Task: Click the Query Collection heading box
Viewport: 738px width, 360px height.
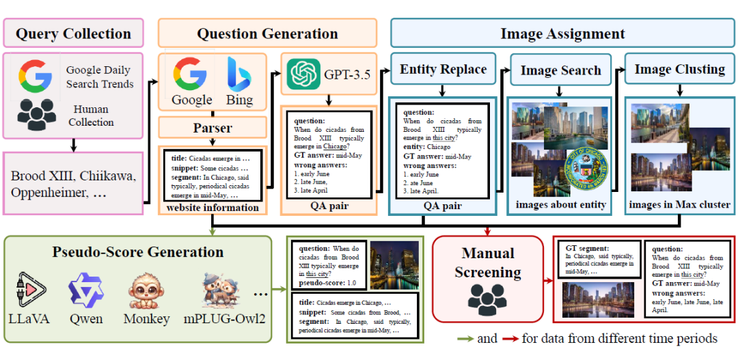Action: click(73, 33)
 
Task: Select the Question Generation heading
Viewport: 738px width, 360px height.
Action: click(267, 33)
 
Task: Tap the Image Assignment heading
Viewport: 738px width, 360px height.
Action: click(562, 33)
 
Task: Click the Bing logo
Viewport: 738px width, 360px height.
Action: click(238, 75)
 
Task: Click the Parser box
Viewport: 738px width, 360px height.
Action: click(213, 128)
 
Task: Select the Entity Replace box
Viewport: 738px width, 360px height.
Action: click(443, 69)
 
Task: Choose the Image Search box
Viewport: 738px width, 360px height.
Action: click(560, 70)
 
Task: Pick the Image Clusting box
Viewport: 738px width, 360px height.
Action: click(679, 69)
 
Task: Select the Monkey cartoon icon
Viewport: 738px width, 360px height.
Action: click(146, 291)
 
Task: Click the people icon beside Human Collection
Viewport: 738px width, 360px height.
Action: click(37, 114)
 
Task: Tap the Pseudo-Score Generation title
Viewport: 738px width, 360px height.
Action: click(138, 252)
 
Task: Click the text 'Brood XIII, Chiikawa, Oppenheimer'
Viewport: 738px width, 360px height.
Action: click(73, 184)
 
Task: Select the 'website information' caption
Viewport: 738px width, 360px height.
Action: click(212, 208)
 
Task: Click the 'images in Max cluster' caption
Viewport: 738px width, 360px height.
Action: click(680, 204)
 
